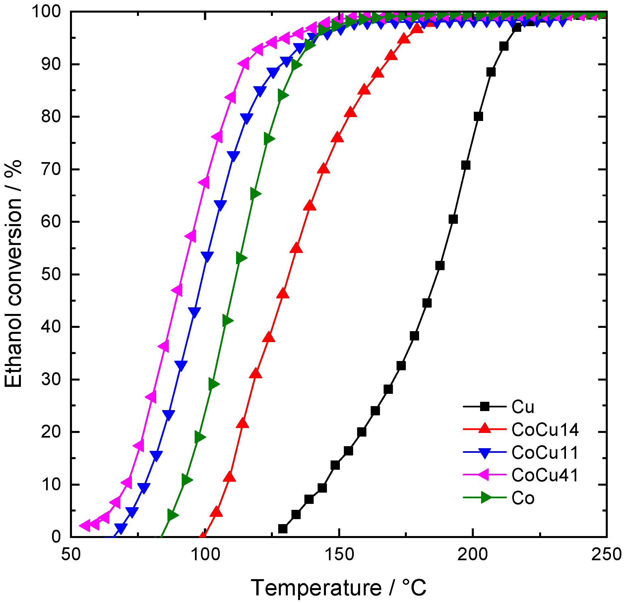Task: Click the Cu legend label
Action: point(523,407)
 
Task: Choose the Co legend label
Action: point(523,498)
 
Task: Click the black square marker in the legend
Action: point(485,407)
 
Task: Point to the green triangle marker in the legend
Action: point(485,498)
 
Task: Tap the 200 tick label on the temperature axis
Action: point(473,555)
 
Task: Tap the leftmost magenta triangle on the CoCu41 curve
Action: point(85,525)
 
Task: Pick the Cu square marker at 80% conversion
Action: point(478,117)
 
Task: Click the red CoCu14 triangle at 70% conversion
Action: point(324,169)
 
